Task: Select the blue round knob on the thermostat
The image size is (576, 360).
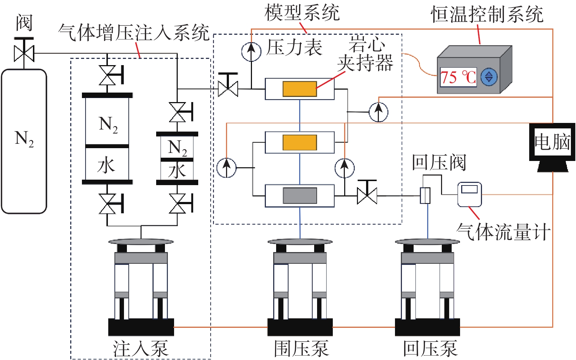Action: pos(489,77)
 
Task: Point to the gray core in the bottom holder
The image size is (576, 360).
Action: pos(300,196)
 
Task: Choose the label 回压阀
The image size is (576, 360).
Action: pos(438,162)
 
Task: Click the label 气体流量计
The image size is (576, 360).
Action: pos(503,232)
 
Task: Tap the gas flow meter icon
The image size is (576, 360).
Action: pos(470,194)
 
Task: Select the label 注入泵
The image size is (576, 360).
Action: pos(141,348)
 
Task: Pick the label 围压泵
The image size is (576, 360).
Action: pos(301,348)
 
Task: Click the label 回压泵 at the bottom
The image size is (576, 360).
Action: pos(430,348)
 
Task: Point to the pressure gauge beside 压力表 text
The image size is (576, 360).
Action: pos(251,52)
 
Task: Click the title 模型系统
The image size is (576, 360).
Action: pos(302,13)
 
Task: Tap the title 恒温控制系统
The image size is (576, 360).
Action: pos(487,15)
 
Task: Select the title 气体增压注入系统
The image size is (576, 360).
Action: pos(133,33)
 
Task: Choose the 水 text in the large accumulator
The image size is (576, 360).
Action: pos(106,165)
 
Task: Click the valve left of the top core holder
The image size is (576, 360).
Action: pos(228,88)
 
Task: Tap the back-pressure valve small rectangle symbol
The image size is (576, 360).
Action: pos(425,196)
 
